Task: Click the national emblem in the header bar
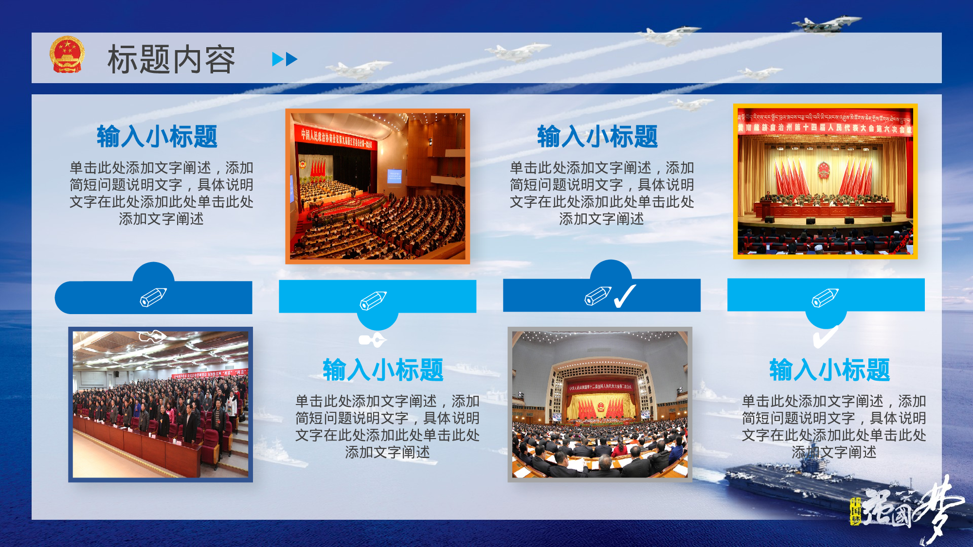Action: point(67,54)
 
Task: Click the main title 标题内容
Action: point(171,59)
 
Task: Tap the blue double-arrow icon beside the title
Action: point(285,59)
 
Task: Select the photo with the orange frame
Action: point(378,186)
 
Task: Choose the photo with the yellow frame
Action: point(825,181)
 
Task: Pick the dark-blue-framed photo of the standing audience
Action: point(161,405)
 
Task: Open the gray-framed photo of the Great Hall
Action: point(600,405)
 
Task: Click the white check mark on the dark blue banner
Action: point(625,296)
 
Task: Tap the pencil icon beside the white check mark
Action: point(598,296)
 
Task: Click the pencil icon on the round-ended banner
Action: point(153,297)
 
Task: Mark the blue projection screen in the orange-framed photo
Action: point(394,176)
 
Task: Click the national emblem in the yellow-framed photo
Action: point(823,170)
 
